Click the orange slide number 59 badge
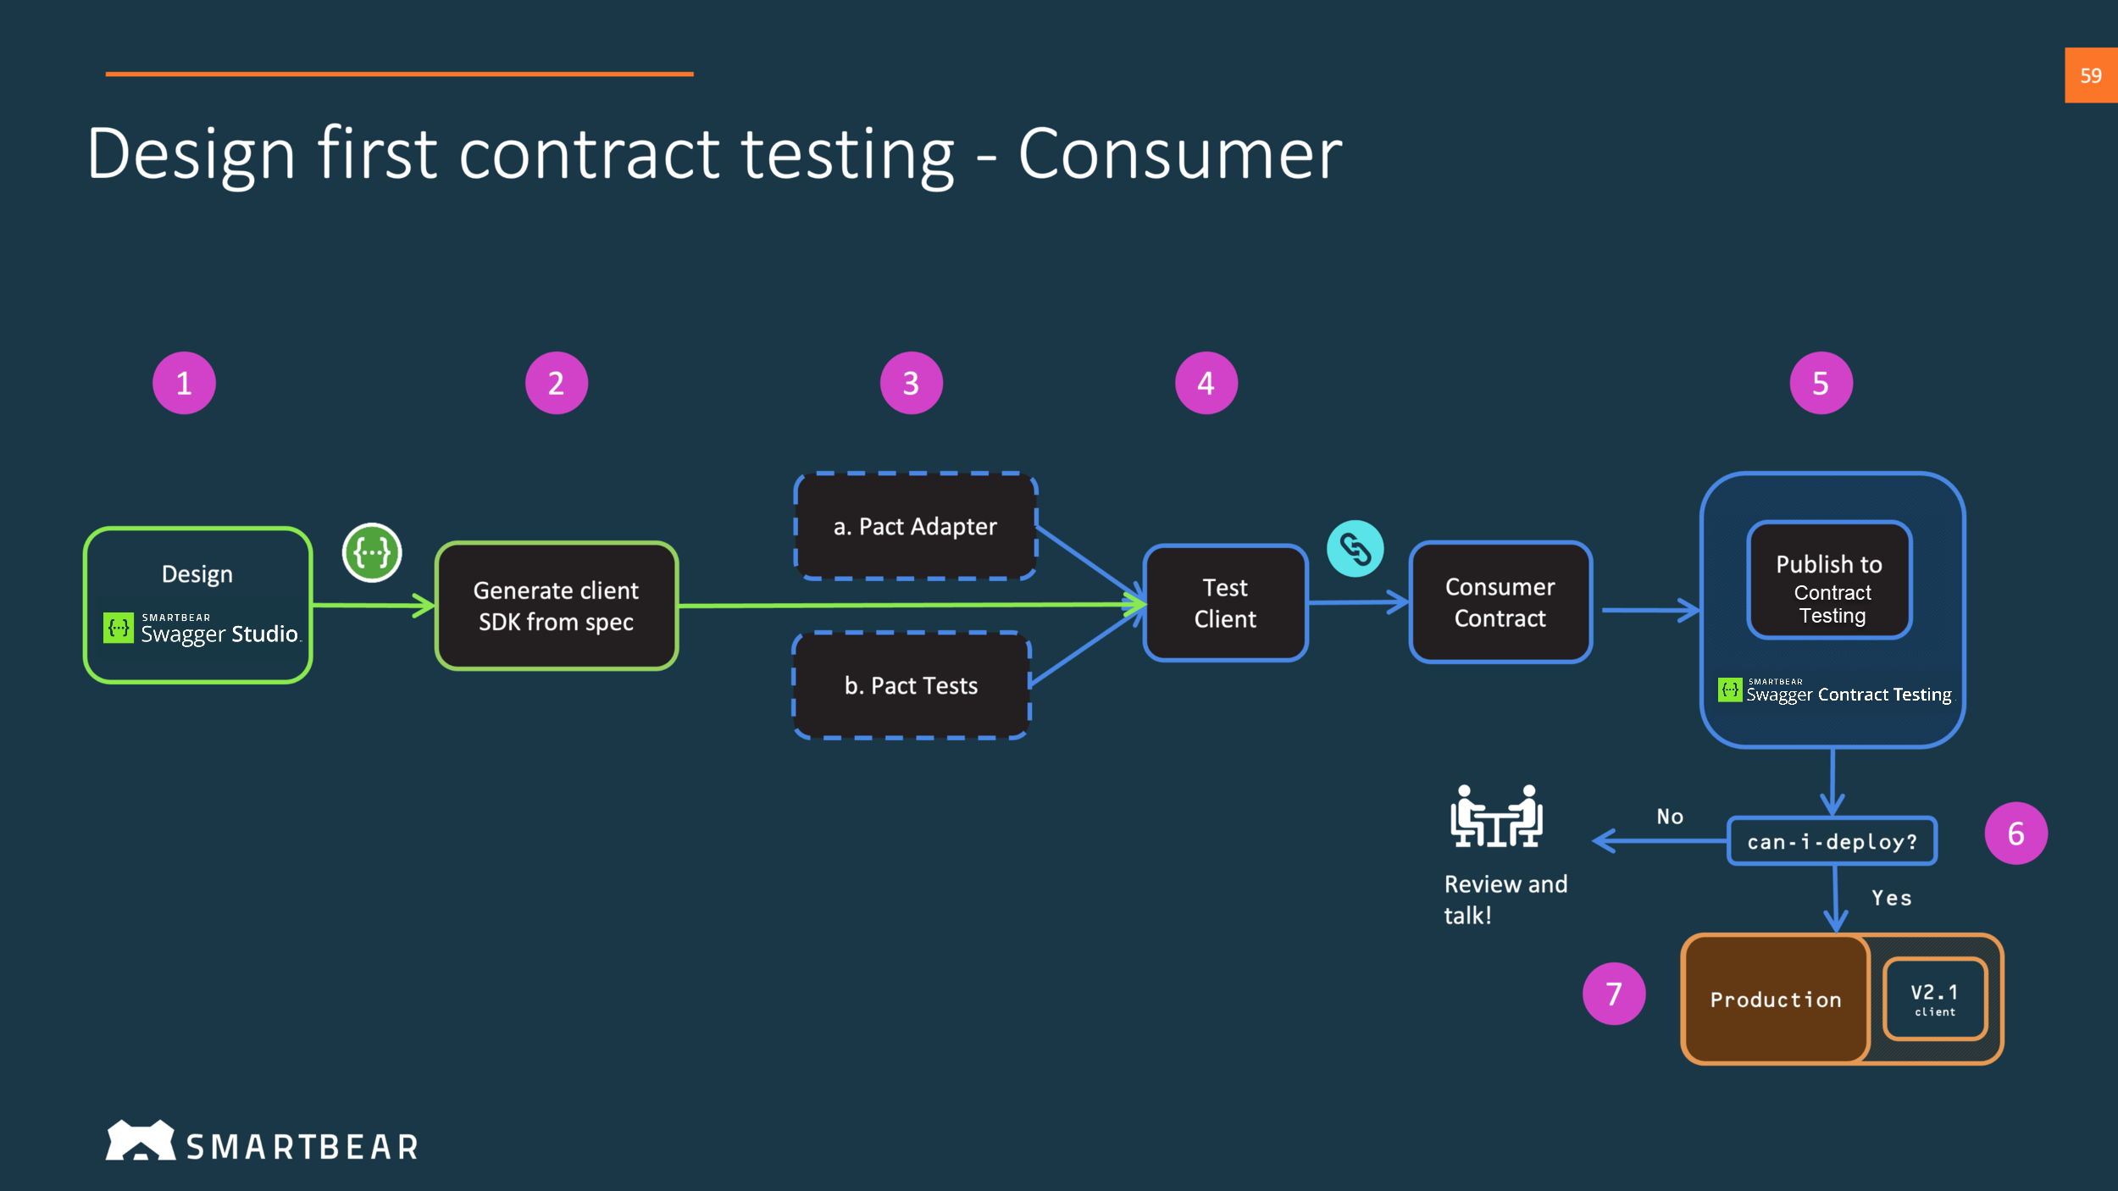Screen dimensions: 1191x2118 (x=2090, y=75)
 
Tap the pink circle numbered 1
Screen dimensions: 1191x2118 (x=184, y=383)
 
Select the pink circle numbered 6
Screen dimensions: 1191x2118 (x=2015, y=834)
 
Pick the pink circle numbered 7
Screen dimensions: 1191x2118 (x=1613, y=994)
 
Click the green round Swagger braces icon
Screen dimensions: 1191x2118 (x=372, y=552)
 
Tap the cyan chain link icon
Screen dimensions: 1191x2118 (x=1355, y=549)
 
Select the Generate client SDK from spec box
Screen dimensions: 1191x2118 (x=556, y=606)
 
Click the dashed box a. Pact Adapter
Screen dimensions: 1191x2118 (x=915, y=526)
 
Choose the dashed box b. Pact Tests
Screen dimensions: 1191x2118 (x=911, y=685)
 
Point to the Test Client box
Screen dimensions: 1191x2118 (x=1225, y=603)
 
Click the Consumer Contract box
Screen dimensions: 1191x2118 (x=1500, y=602)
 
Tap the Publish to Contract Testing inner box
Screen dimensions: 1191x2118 (x=1829, y=581)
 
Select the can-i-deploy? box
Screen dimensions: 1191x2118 (x=1832, y=841)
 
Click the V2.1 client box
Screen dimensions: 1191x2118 (x=1935, y=999)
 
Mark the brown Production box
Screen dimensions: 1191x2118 (x=1775, y=1000)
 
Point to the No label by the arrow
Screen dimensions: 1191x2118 (x=1670, y=817)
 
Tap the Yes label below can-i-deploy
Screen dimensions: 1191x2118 (x=1891, y=898)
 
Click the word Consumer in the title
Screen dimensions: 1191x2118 (x=1179, y=154)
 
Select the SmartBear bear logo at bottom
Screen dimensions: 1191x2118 (x=140, y=1140)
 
